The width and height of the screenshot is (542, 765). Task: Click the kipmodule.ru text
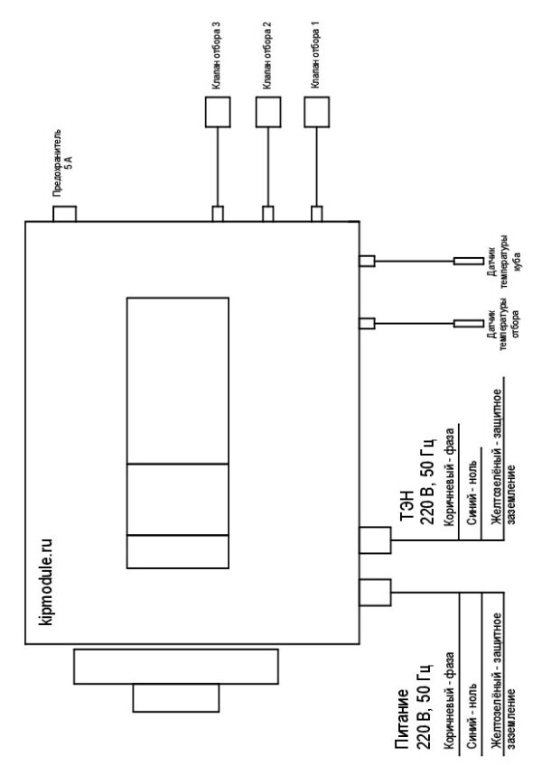[x=45, y=581]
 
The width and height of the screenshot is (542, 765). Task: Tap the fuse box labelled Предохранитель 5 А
[x=64, y=214]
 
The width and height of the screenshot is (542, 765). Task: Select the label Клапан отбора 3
[x=216, y=55]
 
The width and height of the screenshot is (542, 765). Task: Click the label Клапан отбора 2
[x=266, y=55]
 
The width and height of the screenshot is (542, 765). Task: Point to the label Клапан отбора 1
[x=315, y=55]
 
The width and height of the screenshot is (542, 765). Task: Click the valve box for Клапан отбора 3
[x=218, y=112]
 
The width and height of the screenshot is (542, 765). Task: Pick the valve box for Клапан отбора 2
[x=268, y=112]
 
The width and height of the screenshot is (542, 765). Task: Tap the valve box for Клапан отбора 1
[x=317, y=112]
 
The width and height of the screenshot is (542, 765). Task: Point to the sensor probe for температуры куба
[x=469, y=262]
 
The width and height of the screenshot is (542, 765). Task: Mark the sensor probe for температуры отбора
[x=469, y=324]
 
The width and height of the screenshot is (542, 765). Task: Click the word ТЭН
[x=407, y=506]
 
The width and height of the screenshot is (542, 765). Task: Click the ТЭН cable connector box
[x=375, y=540]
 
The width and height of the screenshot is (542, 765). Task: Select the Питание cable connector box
[x=375, y=593]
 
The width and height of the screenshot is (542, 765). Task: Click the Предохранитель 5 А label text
[x=63, y=162]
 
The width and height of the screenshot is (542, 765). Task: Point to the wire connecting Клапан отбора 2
[x=268, y=167]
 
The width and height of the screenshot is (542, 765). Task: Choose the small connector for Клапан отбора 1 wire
[x=317, y=214]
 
